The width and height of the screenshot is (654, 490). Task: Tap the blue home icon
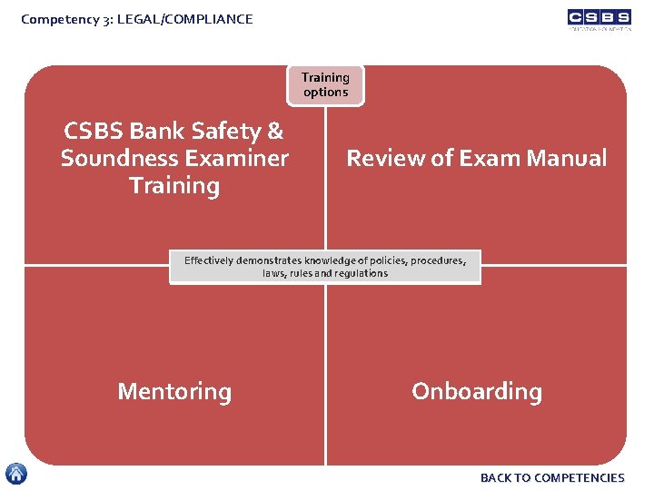pyautogui.click(x=16, y=474)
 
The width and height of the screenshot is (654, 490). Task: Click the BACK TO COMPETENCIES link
pyautogui.click(x=552, y=477)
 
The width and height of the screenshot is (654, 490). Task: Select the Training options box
pyautogui.click(x=325, y=85)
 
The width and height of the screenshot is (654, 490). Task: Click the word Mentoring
pyautogui.click(x=174, y=392)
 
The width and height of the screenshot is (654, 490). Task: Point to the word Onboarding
pyautogui.click(x=477, y=392)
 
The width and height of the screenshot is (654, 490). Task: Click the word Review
pyautogui.click(x=385, y=159)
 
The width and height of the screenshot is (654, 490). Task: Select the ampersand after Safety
pyautogui.click(x=275, y=132)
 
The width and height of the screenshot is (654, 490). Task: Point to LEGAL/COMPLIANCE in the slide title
pyautogui.click(x=195, y=18)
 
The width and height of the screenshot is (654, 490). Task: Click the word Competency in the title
pyautogui.click(x=56, y=18)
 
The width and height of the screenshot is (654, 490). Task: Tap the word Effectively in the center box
pyautogui.click(x=208, y=260)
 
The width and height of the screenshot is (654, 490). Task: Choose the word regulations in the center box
pyautogui.click(x=361, y=273)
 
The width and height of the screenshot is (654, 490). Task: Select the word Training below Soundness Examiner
pyautogui.click(x=174, y=186)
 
